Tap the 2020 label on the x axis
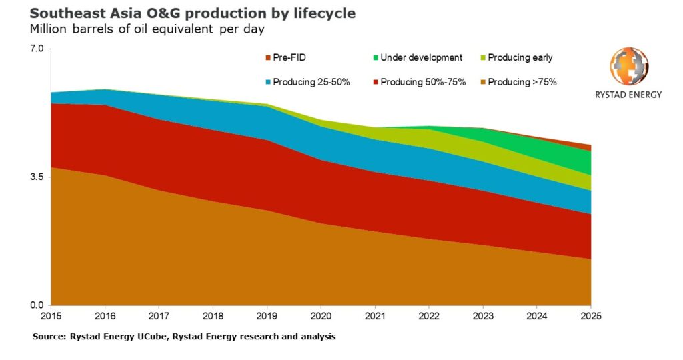[x=321, y=315]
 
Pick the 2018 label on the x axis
[x=212, y=315]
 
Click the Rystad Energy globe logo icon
[x=628, y=67]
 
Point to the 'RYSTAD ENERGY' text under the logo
[x=628, y=95]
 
